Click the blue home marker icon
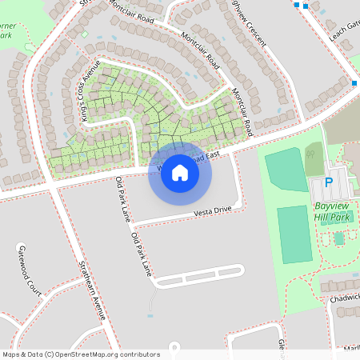(180, 173)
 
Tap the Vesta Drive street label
(212, 210)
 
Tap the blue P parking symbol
(328, 182)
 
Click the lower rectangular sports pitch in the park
(294, 234)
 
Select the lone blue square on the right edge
(355, 82)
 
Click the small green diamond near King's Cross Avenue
(85, 34)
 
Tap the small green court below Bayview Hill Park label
(339, 238)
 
